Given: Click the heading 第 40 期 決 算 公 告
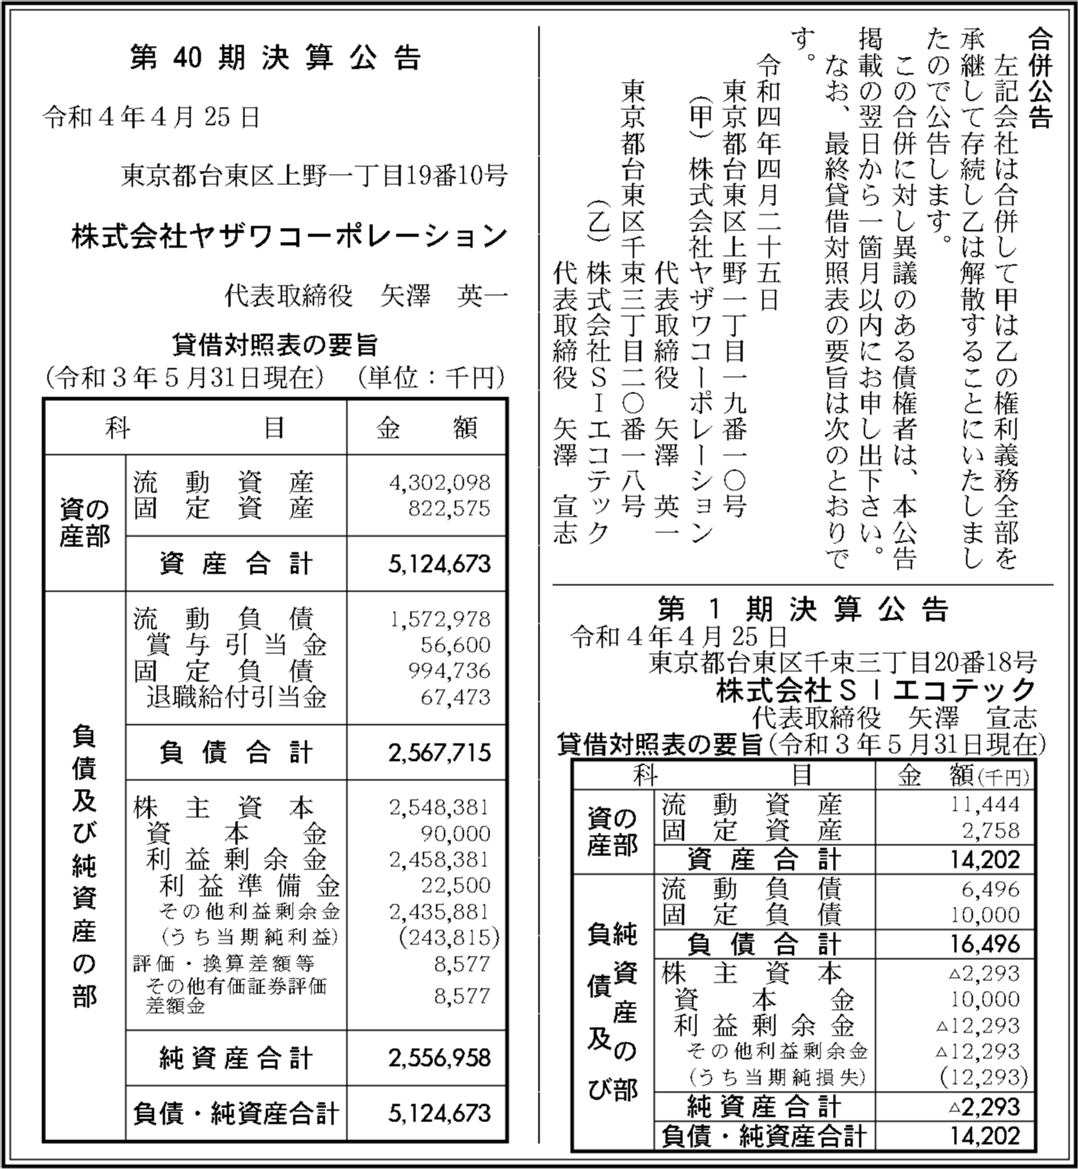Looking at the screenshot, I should [276, 59].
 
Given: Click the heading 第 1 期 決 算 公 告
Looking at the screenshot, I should [802, 609].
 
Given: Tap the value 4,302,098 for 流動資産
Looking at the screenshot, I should [439, 483].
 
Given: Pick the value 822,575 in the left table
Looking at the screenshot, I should [449, 509].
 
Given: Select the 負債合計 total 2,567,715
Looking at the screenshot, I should [439, 752].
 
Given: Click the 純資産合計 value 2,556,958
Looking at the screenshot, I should [439, 1058].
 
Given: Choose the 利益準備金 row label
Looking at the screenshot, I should [250, 886].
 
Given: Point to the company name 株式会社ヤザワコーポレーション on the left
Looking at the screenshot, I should [290, 236].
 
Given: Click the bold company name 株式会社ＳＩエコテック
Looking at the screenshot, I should [875, 690].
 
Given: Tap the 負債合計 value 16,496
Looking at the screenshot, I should [986, 944].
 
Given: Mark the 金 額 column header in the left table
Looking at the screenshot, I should [426, 428].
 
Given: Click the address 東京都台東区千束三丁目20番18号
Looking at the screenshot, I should [842, 663].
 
